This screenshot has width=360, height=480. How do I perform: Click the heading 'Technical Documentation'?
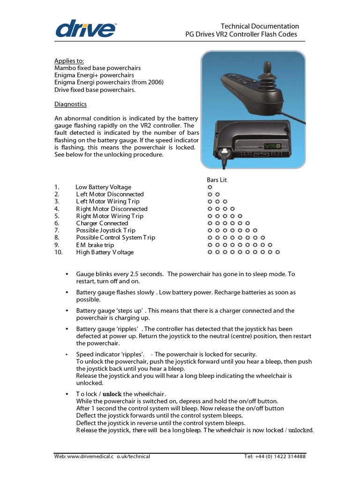tap(260, 26)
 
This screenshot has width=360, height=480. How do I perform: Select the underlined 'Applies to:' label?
tap(69, 61)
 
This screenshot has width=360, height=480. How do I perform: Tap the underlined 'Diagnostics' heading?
tap(70, 104)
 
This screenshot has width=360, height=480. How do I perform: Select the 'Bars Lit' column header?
tap(217, 180)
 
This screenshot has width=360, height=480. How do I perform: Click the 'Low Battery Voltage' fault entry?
tap(104, 187)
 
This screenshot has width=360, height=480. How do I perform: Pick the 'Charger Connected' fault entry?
tap(102, 223)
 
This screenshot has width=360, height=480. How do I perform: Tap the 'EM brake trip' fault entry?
tap(95, 245)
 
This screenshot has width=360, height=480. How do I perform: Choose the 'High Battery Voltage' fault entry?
tap(105, 252)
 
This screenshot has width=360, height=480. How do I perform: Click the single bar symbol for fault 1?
tap(210, 187)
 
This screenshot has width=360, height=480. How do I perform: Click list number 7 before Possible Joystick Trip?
tap(57, 230)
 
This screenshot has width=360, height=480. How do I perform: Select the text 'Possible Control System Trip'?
tap(115, 238)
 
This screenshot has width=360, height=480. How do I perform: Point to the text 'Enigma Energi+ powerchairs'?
tap(94, 75)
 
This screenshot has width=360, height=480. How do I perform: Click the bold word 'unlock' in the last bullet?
tap(112, 394)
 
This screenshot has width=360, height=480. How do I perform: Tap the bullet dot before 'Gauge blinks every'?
tap(67, 274)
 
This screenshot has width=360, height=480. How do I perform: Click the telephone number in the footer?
tap(275, 457)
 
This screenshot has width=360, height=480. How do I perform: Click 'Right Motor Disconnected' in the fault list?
tap(112, 209)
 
